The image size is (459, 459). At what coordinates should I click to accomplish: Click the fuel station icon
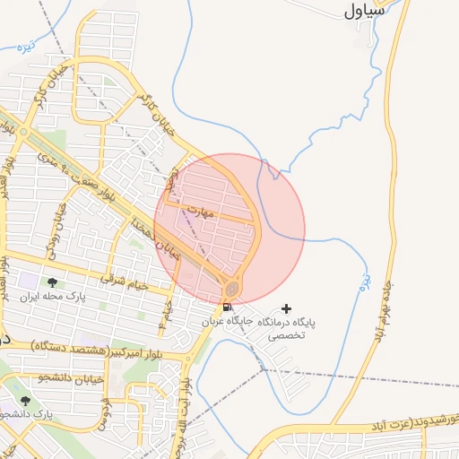(x=225, y=307)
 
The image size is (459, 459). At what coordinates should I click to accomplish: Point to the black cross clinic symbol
(x=286, y=307)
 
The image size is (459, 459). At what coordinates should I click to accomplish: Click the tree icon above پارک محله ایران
(x=52, y=282)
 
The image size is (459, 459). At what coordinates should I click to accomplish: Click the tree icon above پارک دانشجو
(x=24, y=401)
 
